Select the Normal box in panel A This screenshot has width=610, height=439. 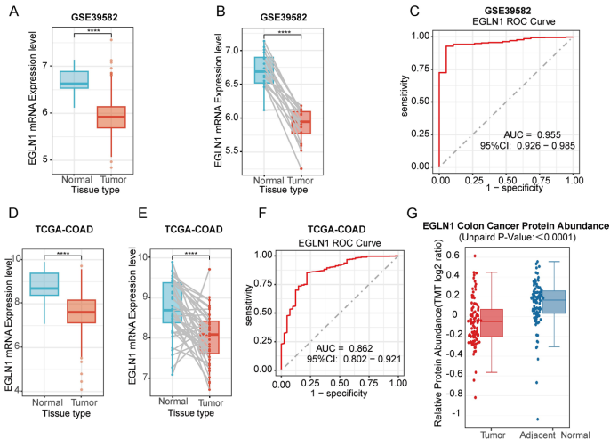(74, 79)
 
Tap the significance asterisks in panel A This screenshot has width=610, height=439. (92, 30)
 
